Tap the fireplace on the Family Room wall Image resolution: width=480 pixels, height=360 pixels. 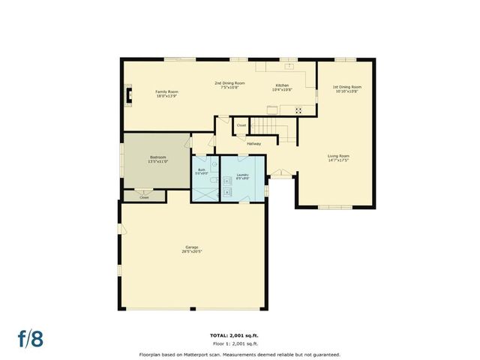point(128,95)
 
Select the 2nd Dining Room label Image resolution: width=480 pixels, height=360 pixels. point(229,82)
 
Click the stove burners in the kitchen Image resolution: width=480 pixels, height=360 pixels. point(298,110)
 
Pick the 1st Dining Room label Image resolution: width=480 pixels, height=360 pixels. point(346,86)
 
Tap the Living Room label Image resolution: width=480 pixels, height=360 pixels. point(338,156)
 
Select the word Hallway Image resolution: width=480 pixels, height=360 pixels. point(253,143)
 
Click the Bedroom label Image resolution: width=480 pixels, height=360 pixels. point(157,157)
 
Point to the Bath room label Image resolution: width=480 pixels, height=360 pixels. point(202,169)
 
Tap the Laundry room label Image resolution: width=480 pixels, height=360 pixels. point(242,175)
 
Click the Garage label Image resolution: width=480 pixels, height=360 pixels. point(192,247)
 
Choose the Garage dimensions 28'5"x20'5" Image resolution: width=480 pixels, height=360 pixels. point(192,251)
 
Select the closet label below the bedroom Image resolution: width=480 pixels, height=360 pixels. point(144,197)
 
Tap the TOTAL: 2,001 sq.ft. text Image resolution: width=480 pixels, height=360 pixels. point(239,334)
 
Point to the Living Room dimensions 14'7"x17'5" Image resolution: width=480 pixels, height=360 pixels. point(338,160)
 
